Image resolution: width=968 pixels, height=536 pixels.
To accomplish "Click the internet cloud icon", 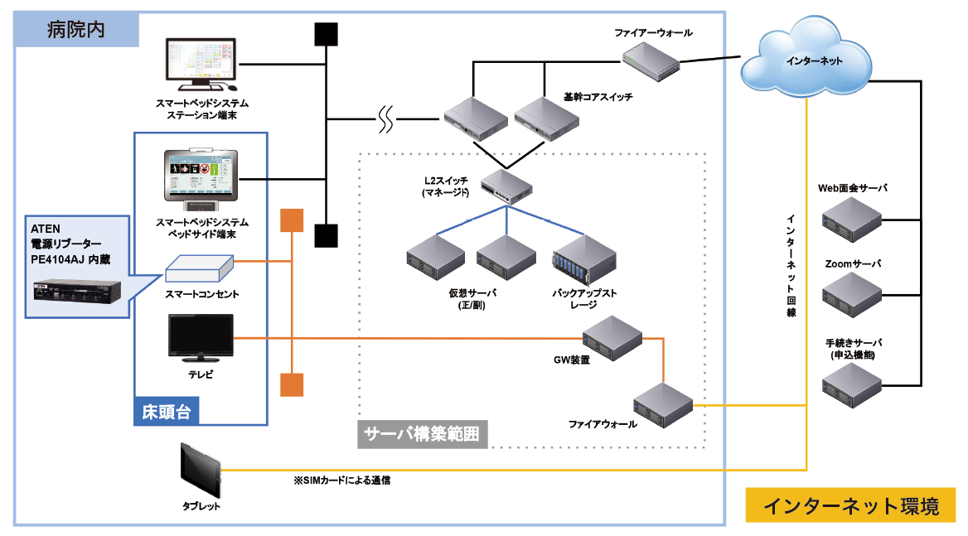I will (803, 61).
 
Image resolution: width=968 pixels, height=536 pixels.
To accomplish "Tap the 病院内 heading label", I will (76, 30).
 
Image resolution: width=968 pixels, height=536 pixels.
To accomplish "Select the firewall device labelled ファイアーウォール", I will (651, 60).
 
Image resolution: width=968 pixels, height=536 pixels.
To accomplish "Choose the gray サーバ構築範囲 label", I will (422, 433).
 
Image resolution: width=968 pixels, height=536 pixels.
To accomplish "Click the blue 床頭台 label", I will (167, 411).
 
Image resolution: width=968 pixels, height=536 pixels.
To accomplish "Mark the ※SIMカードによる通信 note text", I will (341, 480).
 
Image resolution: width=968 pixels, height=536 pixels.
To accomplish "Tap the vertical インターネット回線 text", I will (791, 265).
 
